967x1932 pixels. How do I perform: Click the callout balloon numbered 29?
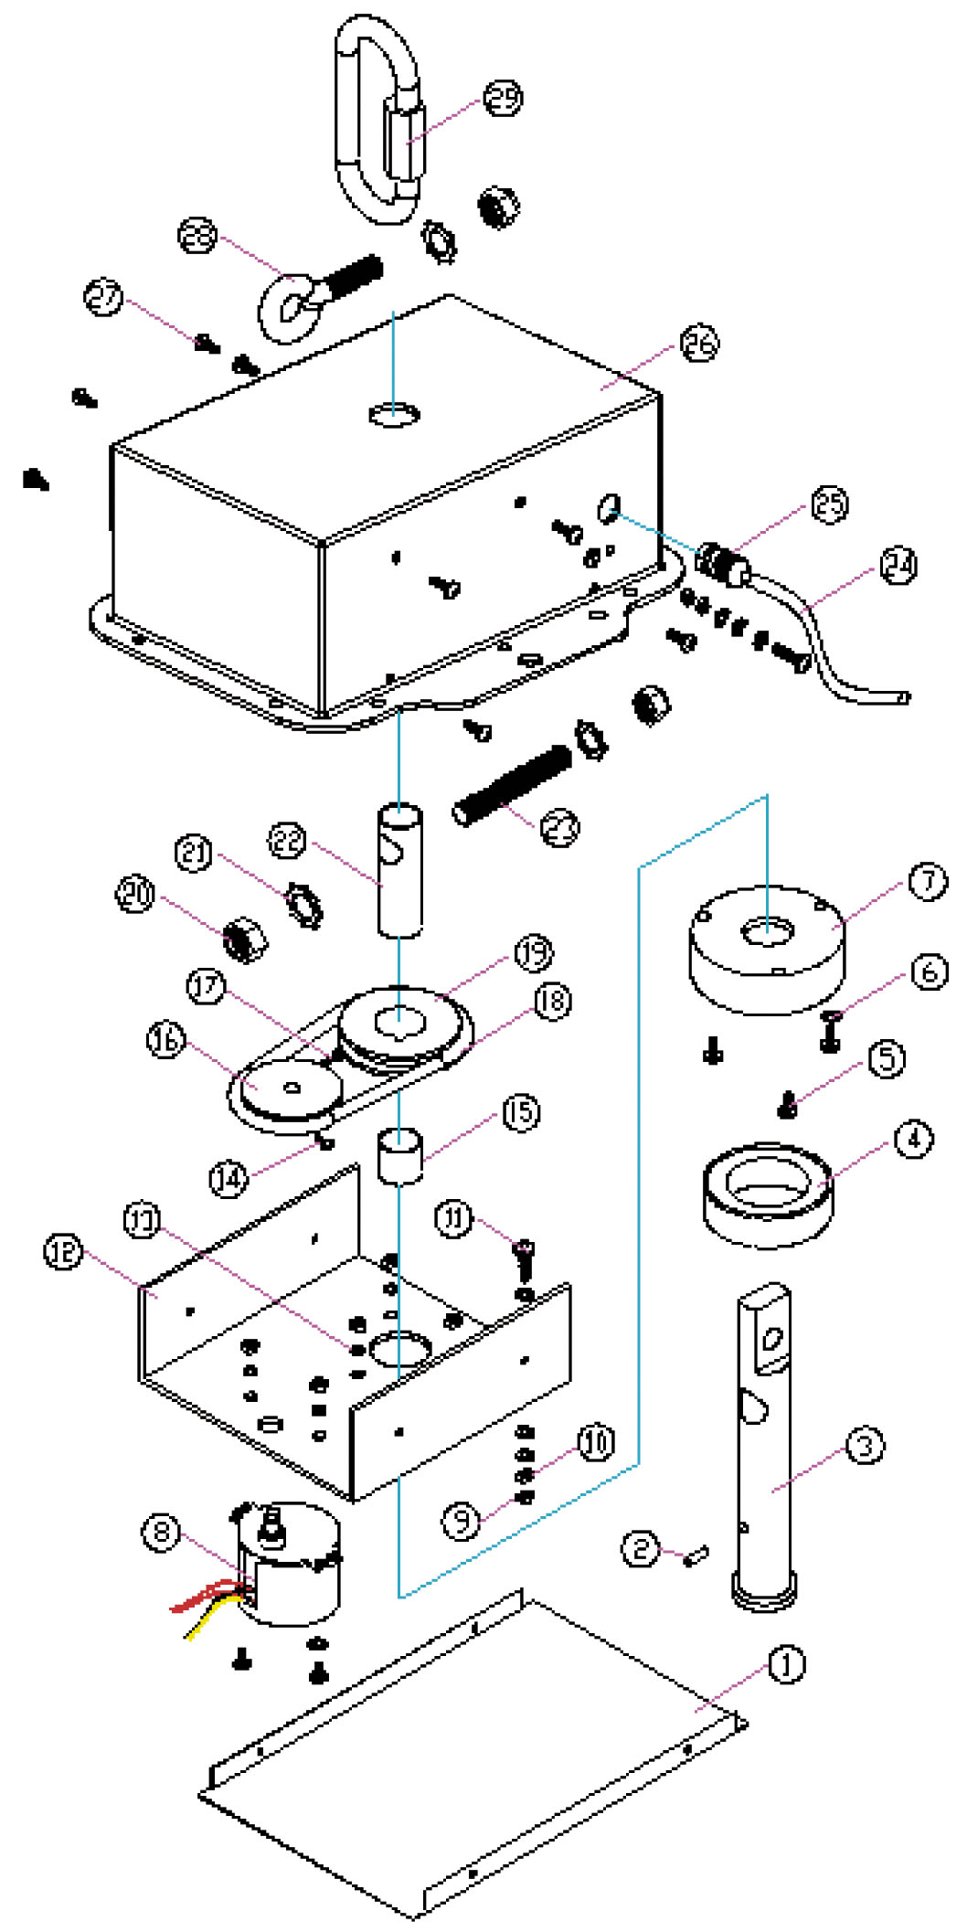point(503,98)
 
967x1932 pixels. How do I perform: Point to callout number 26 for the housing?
point(699,344)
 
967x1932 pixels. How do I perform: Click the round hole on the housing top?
point(395,415)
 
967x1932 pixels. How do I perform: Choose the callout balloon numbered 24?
point(898,566)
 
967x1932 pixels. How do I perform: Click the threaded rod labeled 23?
point(512,784)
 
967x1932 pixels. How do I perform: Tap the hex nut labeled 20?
point(245,939)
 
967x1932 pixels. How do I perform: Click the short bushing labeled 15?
point(399,1155)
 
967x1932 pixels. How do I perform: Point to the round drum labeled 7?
point(766,950)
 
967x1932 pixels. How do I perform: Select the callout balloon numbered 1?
point(785,1664)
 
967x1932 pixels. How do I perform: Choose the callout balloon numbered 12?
point(63,1253)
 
